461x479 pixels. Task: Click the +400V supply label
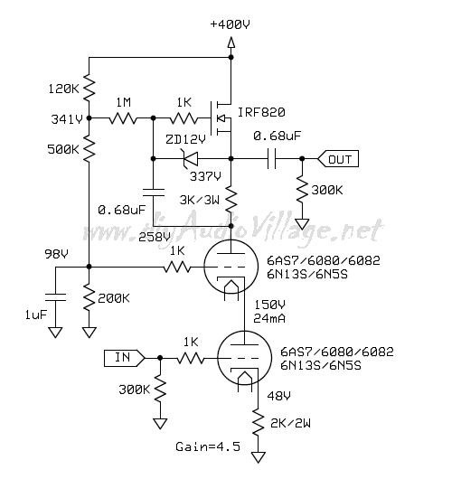point(230,24)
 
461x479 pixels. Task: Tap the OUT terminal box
point(338,159)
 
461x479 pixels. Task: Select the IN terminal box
point(125,358)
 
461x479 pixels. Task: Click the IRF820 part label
point(261,113)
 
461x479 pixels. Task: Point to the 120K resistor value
point(63,89)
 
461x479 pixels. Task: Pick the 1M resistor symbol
point(123,117)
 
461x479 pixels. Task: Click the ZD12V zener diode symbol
point(190,159)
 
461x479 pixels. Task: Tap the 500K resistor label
point(63,150)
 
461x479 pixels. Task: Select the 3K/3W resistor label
point(200,201)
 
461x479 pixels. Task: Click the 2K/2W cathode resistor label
point(290,423)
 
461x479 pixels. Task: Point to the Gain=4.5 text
point(208,447)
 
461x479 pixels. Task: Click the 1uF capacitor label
point(36,315)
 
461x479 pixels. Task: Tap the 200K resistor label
point(114,298)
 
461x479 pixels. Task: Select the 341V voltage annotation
point(67,119)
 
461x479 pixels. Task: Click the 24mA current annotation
point(269,319)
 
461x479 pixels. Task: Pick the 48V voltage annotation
point(278,396)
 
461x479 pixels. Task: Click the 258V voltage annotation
point(155,238)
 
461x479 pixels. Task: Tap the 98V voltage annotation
point(56,254)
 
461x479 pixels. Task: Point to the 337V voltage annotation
point(205,176)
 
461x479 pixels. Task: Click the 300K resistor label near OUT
point(327,191)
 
